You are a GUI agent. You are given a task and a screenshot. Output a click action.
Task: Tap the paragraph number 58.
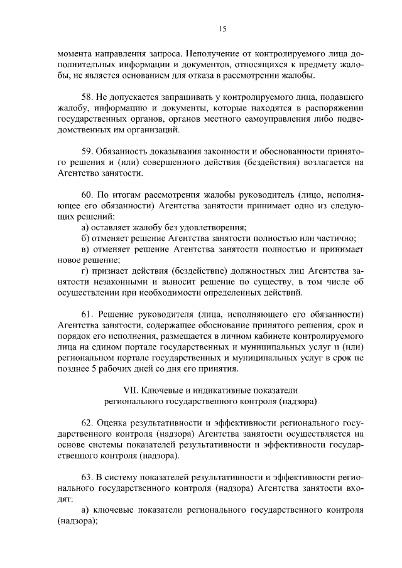(89, 98)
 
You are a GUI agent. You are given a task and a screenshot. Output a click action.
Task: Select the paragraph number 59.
(89, 151)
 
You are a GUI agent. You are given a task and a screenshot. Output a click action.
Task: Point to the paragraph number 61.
(89, 314)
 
